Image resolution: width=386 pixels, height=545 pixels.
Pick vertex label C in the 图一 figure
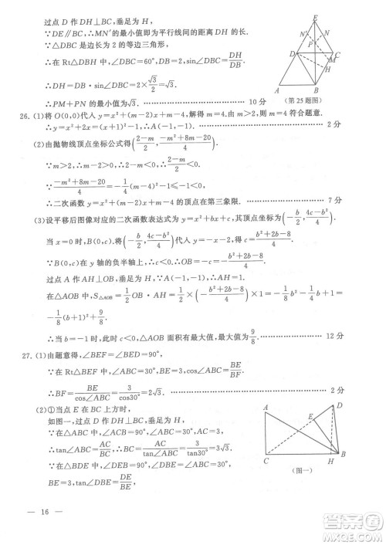click(265, 461)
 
